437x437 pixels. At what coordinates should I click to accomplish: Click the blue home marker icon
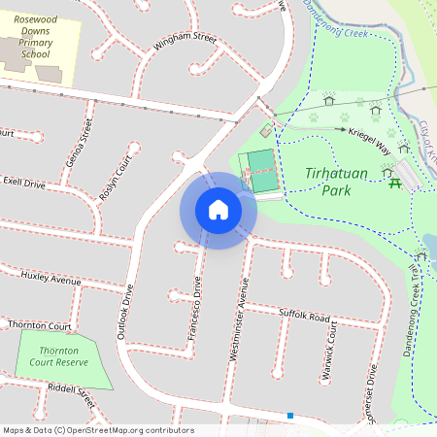(218, 210)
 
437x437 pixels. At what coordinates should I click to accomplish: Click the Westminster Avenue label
(239, 319)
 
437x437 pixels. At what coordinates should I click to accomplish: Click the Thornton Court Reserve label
(58, 356)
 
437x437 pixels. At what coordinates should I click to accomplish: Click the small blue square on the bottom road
(289, 416)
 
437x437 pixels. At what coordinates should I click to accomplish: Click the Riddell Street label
(68, 394)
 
